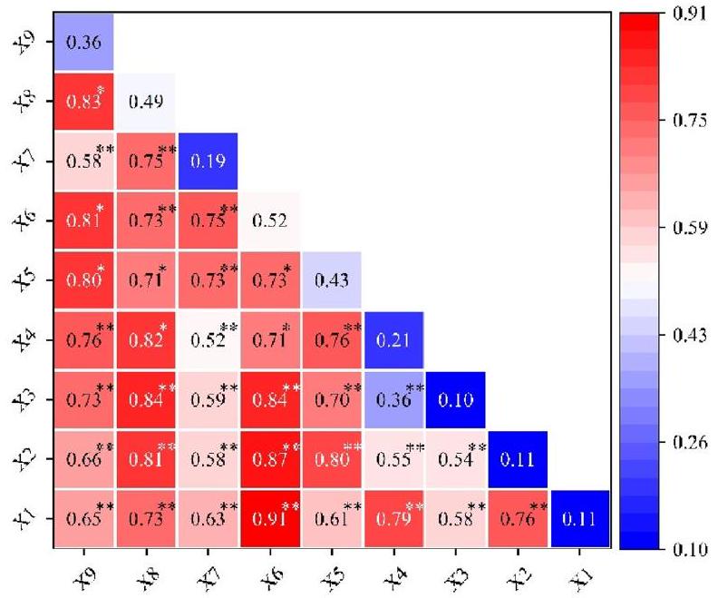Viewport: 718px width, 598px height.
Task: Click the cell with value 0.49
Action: coord(145,102)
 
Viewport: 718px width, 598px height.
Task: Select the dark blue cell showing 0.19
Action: coord(207,162)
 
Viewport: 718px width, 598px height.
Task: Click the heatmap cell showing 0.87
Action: coord(268,458)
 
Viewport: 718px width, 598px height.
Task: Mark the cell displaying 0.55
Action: coord(393,458)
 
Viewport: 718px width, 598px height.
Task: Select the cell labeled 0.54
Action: coord(454,458)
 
